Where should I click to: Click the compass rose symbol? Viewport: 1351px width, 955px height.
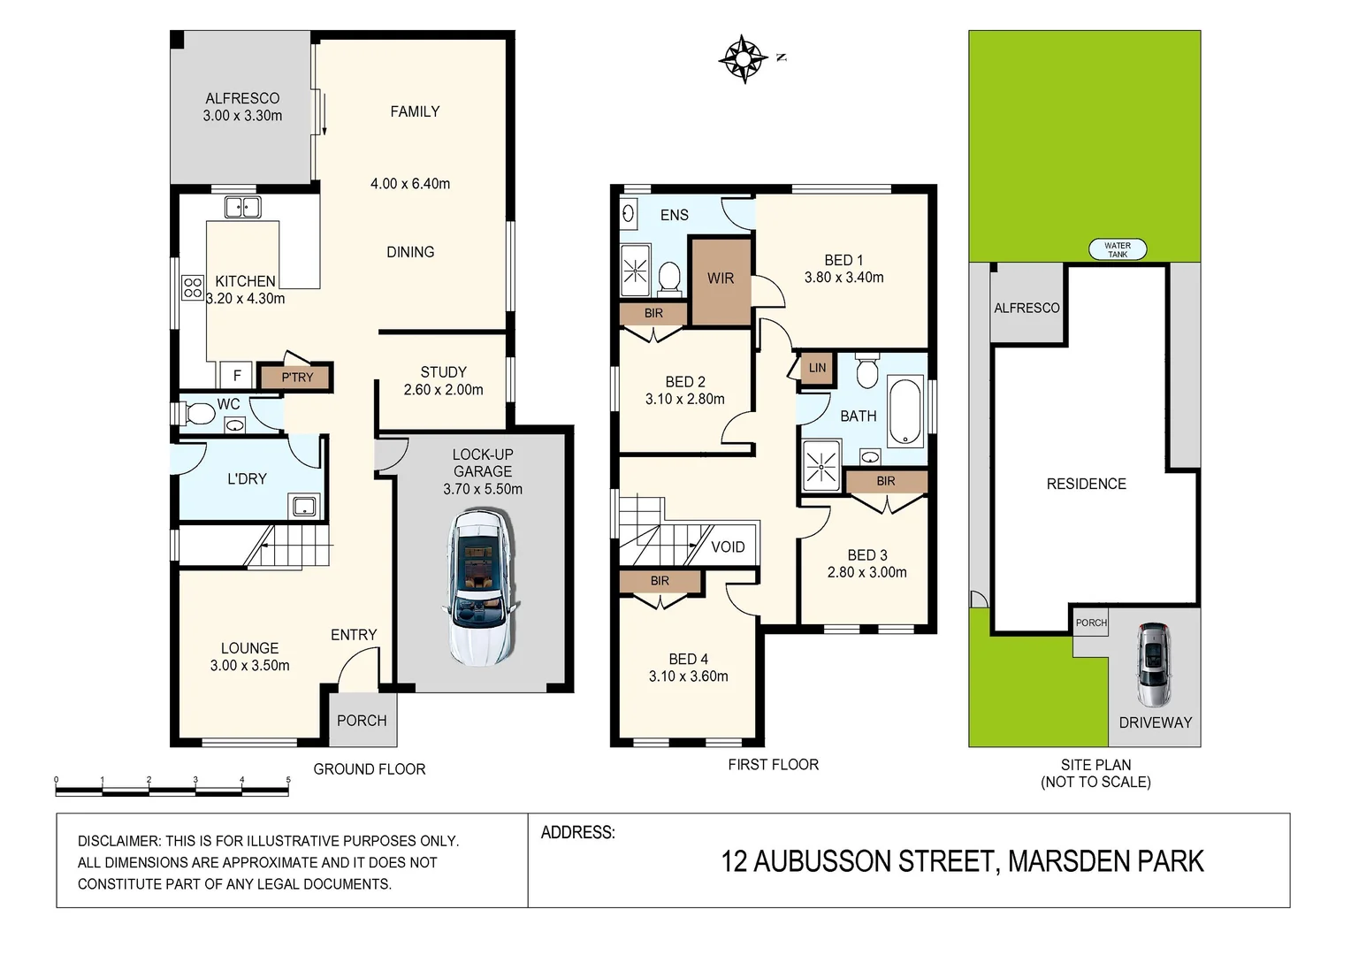pos(743,59)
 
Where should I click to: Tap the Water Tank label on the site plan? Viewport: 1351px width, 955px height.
pos(1118,250)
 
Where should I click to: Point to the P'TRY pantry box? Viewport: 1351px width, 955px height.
pos(297,378)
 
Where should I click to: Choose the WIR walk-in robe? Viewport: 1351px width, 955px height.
pos(721,279)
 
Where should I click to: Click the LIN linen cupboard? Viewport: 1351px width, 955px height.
pos(817,369)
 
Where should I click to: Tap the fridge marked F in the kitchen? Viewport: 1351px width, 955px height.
pos(237,376)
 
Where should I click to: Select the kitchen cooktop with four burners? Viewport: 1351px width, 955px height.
pos(193,287)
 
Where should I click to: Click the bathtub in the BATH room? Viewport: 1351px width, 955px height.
pos(905,411)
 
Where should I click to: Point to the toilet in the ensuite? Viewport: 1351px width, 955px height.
pos(669,278)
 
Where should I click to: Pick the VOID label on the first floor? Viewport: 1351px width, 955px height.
pos(728,547)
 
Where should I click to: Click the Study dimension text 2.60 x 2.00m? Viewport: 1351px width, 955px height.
pos(443,390)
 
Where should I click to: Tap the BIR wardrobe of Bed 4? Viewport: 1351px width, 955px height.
pos(660,582)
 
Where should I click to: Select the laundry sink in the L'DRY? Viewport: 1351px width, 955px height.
pos(303,507)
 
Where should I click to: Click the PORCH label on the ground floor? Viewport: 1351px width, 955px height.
pos(362,721)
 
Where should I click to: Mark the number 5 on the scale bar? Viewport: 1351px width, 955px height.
pos(288,780)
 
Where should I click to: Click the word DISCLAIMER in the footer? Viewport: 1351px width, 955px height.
pos(118,841)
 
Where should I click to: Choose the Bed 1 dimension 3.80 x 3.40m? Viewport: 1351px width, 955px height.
pos(843,278)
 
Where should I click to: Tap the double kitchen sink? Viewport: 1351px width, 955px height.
pos(242,207)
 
